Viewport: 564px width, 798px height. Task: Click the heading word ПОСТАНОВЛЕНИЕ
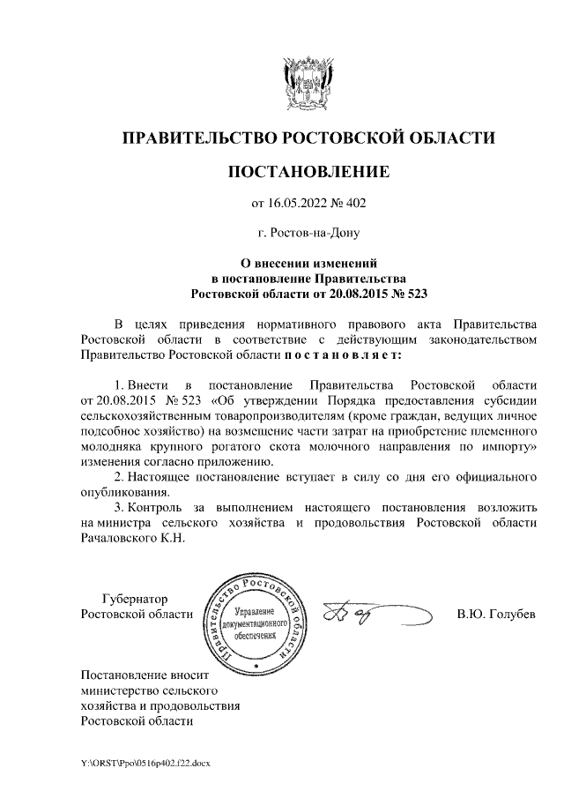pos(308,171)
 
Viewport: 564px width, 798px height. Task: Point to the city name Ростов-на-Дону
pos(309,235)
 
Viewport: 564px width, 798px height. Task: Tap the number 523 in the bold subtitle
pos(422,293)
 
